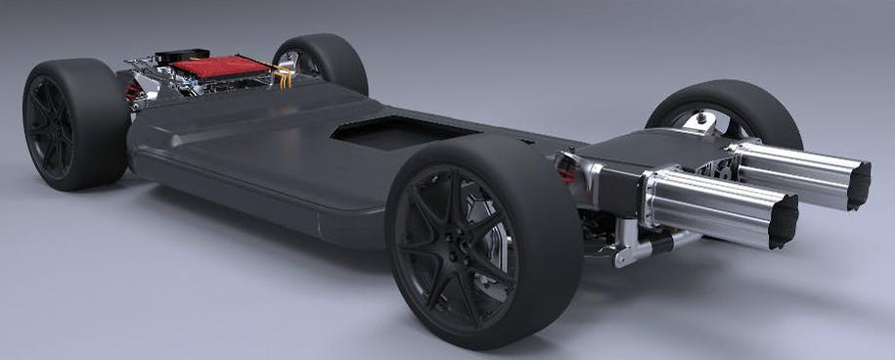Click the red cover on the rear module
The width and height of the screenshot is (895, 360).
click(220, 67)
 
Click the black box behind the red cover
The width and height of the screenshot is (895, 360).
click(182, 56)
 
